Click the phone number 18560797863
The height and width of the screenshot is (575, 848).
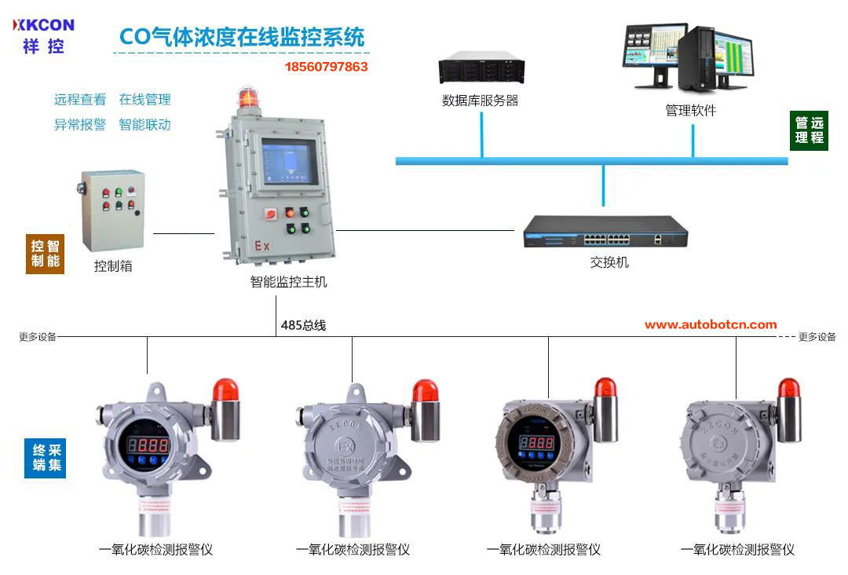326,67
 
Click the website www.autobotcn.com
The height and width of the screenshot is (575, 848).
711,324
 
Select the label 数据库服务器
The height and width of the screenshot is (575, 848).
481,101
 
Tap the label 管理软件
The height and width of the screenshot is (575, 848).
691,111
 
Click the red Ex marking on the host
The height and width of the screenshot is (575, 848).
261,246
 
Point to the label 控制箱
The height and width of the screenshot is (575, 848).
113,266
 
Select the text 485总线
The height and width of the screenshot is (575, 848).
303,324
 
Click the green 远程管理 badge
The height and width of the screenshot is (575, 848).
809,130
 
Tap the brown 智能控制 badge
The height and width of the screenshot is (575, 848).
45,252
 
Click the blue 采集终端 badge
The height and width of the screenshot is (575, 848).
45,459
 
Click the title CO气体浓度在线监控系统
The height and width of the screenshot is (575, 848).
242,37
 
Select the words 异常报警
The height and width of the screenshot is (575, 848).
79,124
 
